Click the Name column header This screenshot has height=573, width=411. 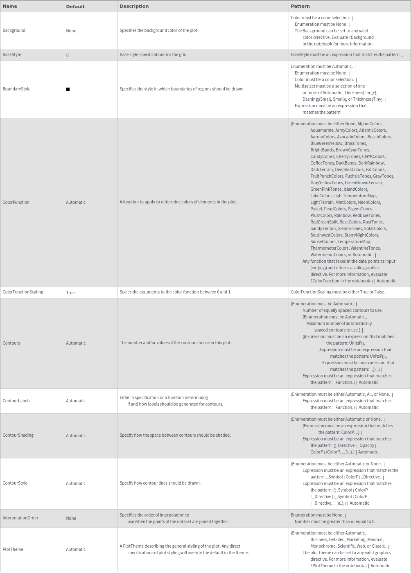click(x=10, y=6)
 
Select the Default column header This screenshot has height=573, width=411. click(x=75, y=7)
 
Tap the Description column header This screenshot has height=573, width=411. click(x=134, y=6)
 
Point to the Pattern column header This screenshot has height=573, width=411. click(x=300, y=6)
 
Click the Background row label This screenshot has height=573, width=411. click(x=14, y=30)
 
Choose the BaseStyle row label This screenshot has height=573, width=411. click(x=12, y=54)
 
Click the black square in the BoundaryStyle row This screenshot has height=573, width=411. click(x=68, y=89)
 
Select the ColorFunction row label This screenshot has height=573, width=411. click(x=16, y=202)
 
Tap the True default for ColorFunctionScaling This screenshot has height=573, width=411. click(x=70, y=293)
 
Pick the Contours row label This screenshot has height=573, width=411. click(x=11, y=343)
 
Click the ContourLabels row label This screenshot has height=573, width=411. click(x=16, y=401)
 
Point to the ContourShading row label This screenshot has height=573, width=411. click(x=18, y=435)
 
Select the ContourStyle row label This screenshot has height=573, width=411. click(x=15, y=483)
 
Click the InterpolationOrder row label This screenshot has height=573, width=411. click(x=20, y=518)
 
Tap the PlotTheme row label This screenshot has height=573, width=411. click(x=13, y=549)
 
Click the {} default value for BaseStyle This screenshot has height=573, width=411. click(x=68, y=55)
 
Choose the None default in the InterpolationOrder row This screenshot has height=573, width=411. click(x=71, y=518)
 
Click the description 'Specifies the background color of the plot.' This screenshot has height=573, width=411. click(x=159, y=30)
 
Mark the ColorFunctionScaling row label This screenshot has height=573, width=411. click(x=23, y=292)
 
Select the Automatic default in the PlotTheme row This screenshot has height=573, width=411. click(x=76, y=549)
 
